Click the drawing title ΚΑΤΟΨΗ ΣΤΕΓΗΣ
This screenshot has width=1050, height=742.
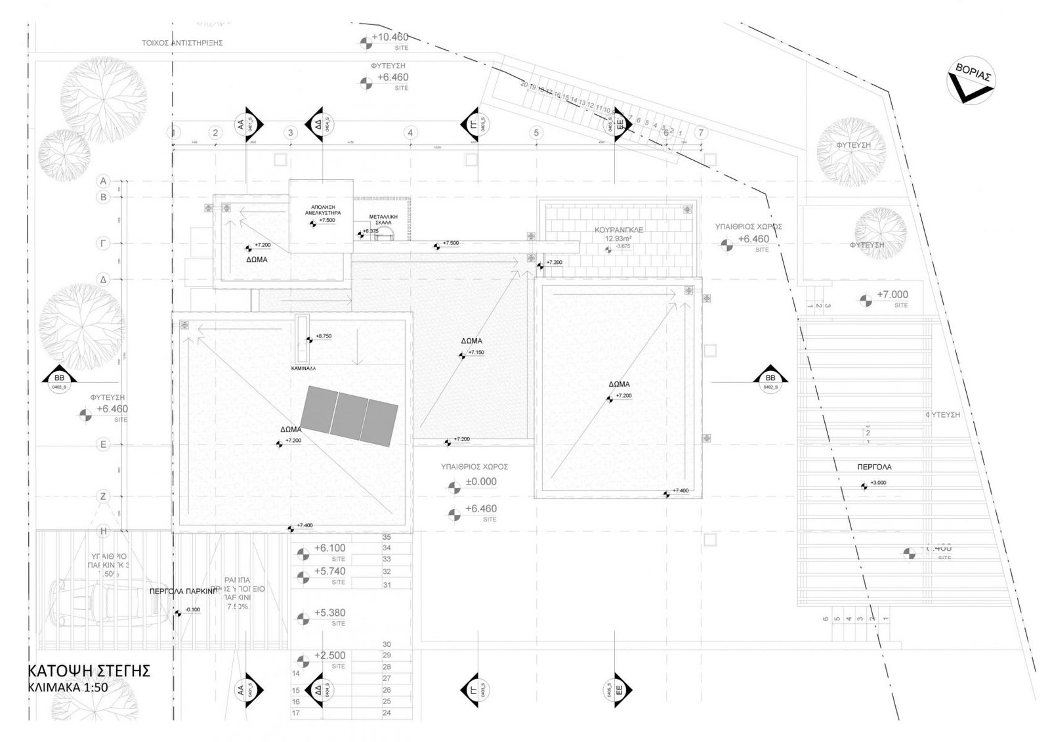click(90, 670)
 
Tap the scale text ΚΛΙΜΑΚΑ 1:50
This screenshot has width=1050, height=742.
click(68, 688)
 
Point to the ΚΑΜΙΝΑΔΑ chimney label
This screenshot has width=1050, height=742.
click(303, 369)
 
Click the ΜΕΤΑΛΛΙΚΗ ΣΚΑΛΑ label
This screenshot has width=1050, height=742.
click(381, 219)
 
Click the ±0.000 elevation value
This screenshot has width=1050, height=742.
click(481, 481)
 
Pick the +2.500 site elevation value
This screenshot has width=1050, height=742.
click(330, 655)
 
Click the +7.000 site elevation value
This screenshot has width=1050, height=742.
click(892, 295)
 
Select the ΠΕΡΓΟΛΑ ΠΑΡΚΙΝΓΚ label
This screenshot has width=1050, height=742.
click(182, 591)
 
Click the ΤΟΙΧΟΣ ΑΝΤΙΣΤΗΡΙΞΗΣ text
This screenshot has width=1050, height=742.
click(182, 42)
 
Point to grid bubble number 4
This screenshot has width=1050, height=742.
click(410, 133)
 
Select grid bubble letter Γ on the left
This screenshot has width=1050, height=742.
click(102, 243)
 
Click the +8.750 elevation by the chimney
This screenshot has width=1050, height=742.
click(324, 336)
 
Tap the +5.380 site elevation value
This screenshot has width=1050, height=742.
click(330, 613)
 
